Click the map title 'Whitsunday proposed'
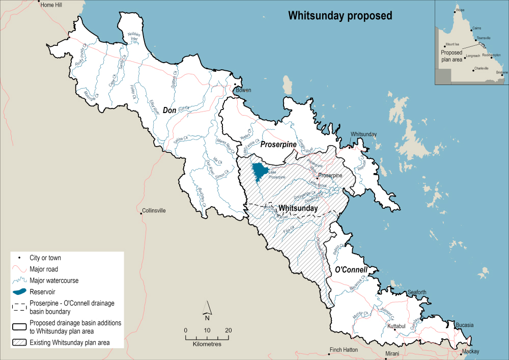click(x=340, y=16)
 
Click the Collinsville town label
click(x=154, y=210)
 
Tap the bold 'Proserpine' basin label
click(x=278, y=145)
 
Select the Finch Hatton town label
click(x=344, y=350)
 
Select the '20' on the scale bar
click(x=229, y=330)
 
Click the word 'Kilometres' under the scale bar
click(x=207, y=344)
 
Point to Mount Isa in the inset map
click(x=453, y=44)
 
